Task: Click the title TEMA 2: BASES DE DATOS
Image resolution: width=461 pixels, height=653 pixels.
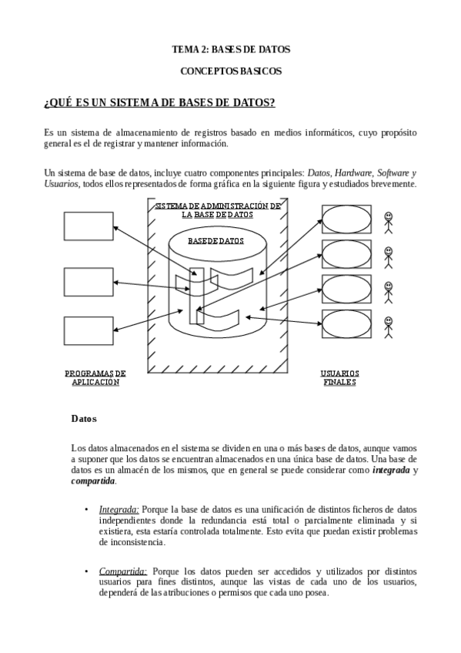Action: (230, 49)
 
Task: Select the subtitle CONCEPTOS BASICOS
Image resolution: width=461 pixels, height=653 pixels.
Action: (230, 71)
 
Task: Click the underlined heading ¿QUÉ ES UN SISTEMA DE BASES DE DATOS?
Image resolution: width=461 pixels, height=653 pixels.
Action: (160, 102)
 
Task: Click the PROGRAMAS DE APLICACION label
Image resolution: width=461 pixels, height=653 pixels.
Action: (95, 377)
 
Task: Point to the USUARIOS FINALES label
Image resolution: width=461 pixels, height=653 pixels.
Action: (339, 377)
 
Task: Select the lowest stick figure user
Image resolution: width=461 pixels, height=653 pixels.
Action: (389, 326)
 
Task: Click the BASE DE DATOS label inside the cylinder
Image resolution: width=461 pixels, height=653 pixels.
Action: (216, 240)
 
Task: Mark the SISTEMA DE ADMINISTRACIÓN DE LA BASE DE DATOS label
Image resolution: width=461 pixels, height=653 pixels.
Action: (217, 210)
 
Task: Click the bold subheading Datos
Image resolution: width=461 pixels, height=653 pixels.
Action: (84, 419)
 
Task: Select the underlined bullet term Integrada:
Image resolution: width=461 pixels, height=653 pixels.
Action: (119, 509)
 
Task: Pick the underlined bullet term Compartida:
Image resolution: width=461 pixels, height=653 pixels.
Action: (123, 571)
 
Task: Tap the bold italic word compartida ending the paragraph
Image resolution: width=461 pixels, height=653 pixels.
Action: (93, 481)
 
